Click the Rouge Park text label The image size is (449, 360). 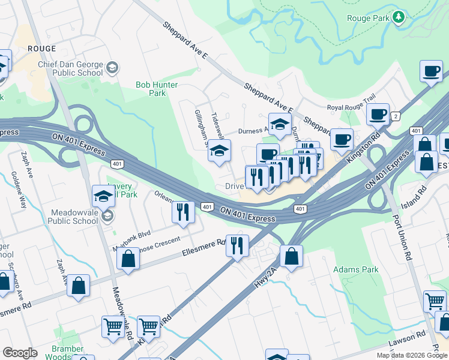coord(367,18)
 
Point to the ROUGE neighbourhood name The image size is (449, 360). coord(41,48)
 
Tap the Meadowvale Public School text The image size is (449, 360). coord(67,216)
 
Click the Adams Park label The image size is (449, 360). coord(356,270)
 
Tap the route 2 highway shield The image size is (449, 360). coord(395,116)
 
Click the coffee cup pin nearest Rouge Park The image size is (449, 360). coord(430,71)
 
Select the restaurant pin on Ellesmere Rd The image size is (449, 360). coord(237,245)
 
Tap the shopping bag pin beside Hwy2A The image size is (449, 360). coord(291,256)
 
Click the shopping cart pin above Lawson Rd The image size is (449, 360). coord(435,301)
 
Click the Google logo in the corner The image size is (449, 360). coord(20,353)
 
